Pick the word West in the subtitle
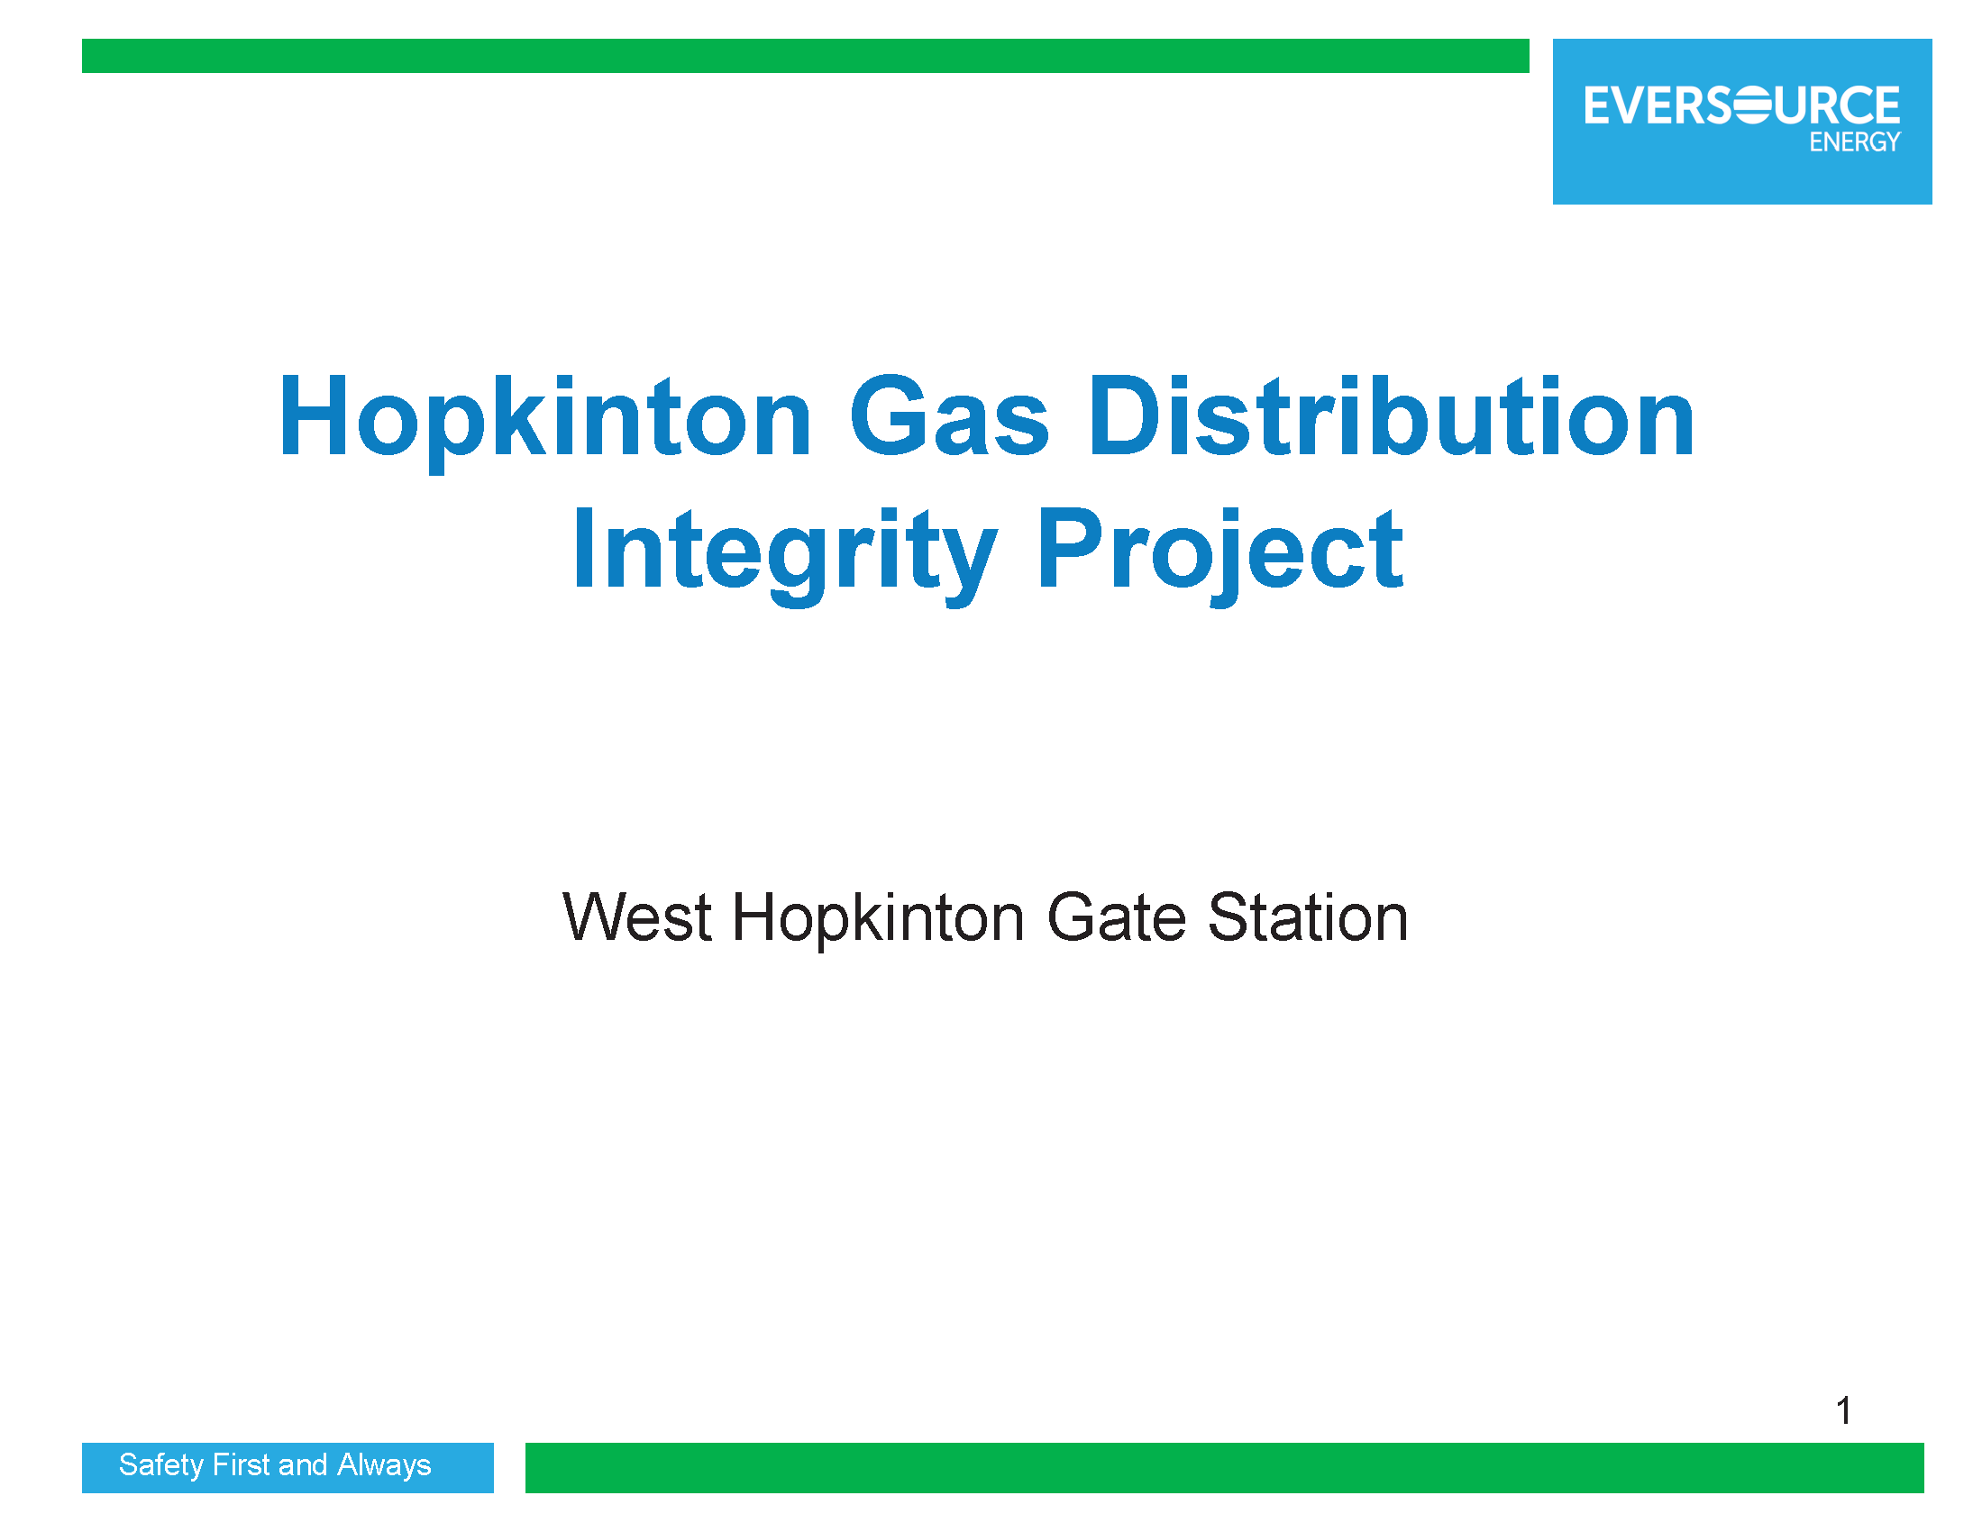(x=637, y=917)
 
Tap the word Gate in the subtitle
(x=1115, y=917)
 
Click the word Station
(x=1307, y=917)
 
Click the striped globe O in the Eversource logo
(x=1753, y=105)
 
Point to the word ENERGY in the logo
(x=1855, y=141)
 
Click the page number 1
(x=1844, y=1410)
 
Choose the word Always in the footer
(x=384, y=1465)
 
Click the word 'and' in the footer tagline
(x=304, y=1464)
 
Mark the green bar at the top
(x=805, y=56)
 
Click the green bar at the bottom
(x=1224, y=1468)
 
